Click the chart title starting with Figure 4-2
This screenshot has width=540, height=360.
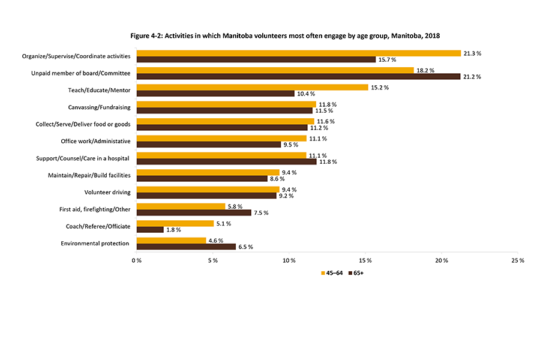point(285,36)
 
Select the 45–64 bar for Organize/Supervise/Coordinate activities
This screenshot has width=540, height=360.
point(298,53)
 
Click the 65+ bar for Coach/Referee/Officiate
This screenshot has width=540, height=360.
point(150,230)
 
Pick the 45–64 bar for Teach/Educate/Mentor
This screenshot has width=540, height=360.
point(252,88)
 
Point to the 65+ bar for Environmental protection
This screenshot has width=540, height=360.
point(186,247)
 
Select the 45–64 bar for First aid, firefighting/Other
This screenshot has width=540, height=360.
point(181,206)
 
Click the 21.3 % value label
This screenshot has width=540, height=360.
point(473,53)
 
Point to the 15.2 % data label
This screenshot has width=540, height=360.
point(380,88)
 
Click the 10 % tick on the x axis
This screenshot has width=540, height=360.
point(289,260)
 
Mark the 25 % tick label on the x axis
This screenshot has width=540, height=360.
point(518,260)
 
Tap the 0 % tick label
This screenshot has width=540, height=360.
point(137,260)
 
